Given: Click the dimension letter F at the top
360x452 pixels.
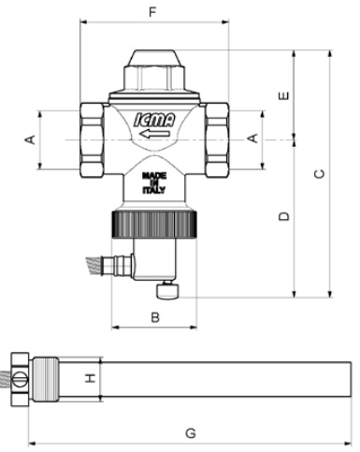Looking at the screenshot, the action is tap(152, 12).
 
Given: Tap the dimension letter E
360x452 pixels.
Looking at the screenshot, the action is tap(283, 95).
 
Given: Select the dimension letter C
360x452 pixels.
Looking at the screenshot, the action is tap(319, 174).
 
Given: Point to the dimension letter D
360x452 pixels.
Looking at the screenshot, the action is tap(283, 216).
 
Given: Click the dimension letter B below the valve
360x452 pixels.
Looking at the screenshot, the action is tap(155, 317).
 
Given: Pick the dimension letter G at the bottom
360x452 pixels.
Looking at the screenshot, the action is tap(191, 433).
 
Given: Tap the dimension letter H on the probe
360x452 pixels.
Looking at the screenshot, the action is tap(91, 379).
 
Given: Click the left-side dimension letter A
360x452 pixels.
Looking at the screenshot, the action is tap(30, 139).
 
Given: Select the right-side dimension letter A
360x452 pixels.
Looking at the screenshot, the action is tap(252, 138).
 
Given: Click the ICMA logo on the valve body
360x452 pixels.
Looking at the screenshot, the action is tap(154, 120).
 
